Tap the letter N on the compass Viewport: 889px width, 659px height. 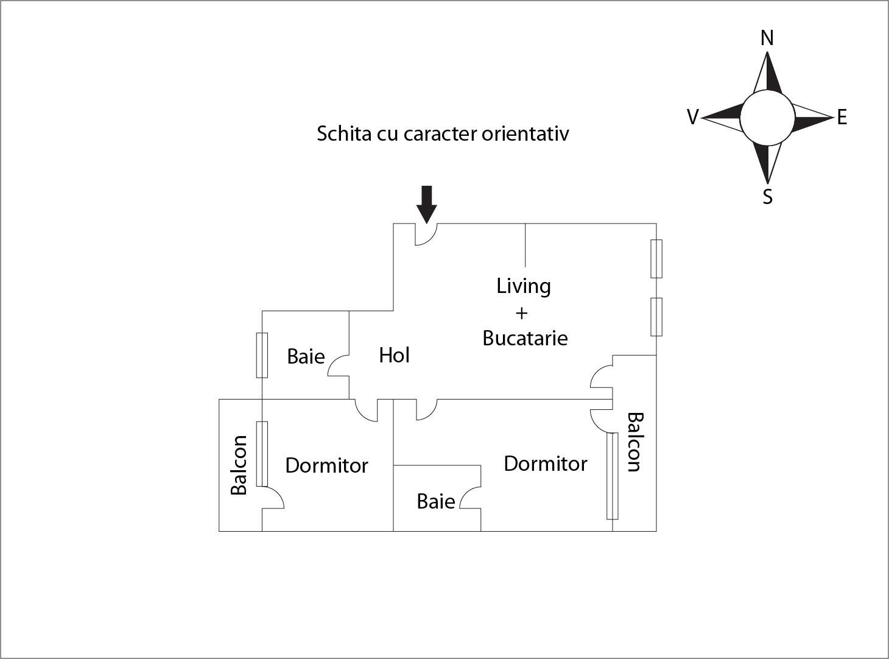pos(767,38)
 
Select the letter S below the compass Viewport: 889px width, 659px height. pos(767,197)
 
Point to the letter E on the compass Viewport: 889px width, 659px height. pos(842,117)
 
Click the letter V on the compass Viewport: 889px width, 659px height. pos(692,117)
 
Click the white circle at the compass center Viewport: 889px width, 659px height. pos(767,118)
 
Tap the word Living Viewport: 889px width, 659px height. pos(524,286)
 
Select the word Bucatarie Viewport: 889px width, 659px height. pos(525,338)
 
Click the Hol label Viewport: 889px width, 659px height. pos(394,355)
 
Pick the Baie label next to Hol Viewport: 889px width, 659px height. pos(306,356)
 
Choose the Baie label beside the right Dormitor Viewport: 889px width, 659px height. pos(436,501)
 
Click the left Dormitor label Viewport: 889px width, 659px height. pos(326,465)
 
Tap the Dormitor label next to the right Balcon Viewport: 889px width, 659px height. pos(545,463)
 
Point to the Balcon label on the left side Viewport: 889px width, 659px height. pos(239,465)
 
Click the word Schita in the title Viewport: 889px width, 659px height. pos(344,133)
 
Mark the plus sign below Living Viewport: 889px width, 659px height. pos(521,313)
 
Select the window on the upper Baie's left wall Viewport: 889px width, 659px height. pos(262,355)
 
